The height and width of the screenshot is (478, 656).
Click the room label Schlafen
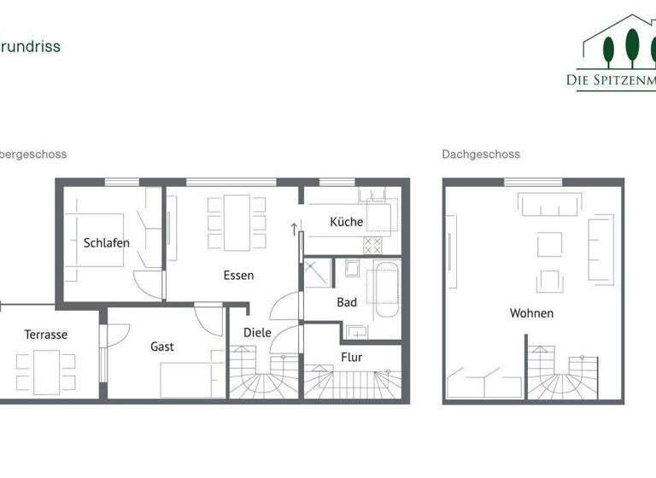(x=107, y=242)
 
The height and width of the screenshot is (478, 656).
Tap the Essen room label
(x=238, y=276)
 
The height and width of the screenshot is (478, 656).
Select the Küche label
(x=347, y=222)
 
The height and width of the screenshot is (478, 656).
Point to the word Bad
(x=347, y=302)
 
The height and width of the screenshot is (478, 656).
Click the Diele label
(x=257, y=332)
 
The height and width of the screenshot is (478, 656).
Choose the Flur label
(x=352, y=357)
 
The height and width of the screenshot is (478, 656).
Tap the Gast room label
(x=162, y=347)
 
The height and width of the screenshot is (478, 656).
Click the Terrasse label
(x=45, y=335)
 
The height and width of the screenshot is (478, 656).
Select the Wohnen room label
(x=531, y=313)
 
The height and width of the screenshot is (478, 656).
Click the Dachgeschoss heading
(x=481, y=154)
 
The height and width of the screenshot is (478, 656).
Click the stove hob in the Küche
(x=373, y=245)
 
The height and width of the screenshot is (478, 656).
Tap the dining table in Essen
(x=237, y=222)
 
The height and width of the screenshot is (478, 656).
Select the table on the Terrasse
(x=46, y=372)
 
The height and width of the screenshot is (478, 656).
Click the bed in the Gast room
(x=190, y=379)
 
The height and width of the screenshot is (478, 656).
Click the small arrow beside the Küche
(x=294, y=229)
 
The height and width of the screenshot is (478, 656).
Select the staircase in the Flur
(x=354, y=382)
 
